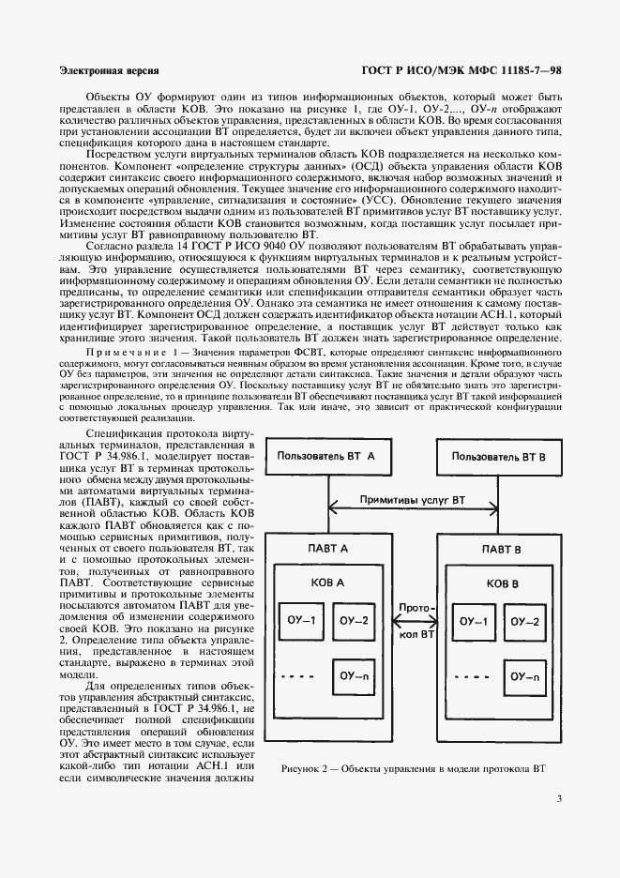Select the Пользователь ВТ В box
click(493, 456)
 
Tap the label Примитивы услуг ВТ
click(413, 502)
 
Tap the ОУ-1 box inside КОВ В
click(472, 621)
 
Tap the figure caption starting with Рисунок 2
click(413, 768)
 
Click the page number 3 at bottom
click(559, 800)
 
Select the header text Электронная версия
click(108, 70)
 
